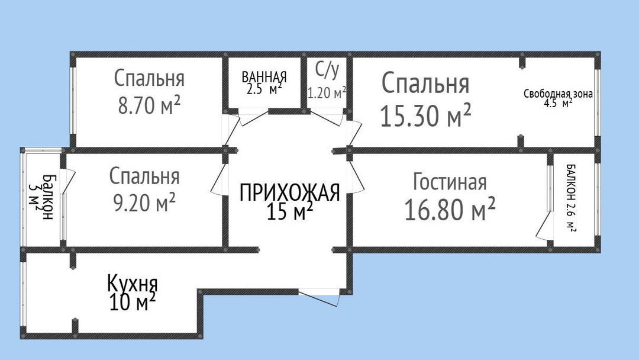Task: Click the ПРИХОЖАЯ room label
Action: (x=289, y=192)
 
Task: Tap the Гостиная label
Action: (x=450, y=182)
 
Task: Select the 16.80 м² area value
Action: (x=450, y=208)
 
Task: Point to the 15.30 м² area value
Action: (x=425, y=115)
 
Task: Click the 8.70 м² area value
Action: (x=149, y=105)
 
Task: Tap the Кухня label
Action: (x=133, y=283)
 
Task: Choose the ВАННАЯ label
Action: (x=264, y=76)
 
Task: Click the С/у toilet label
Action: (x=327, y=70)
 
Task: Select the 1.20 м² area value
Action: (x=327, y=94)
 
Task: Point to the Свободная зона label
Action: (x=558, y=94)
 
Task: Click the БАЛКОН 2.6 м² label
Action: (x=571, y=198)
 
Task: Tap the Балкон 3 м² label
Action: (x=42, y=197)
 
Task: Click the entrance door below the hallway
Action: (x=319, y=298)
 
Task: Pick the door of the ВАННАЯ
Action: (x=253, y=117)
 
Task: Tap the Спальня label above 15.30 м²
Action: (x=425, y=83)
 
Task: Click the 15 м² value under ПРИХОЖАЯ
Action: (x=290, y=211)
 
